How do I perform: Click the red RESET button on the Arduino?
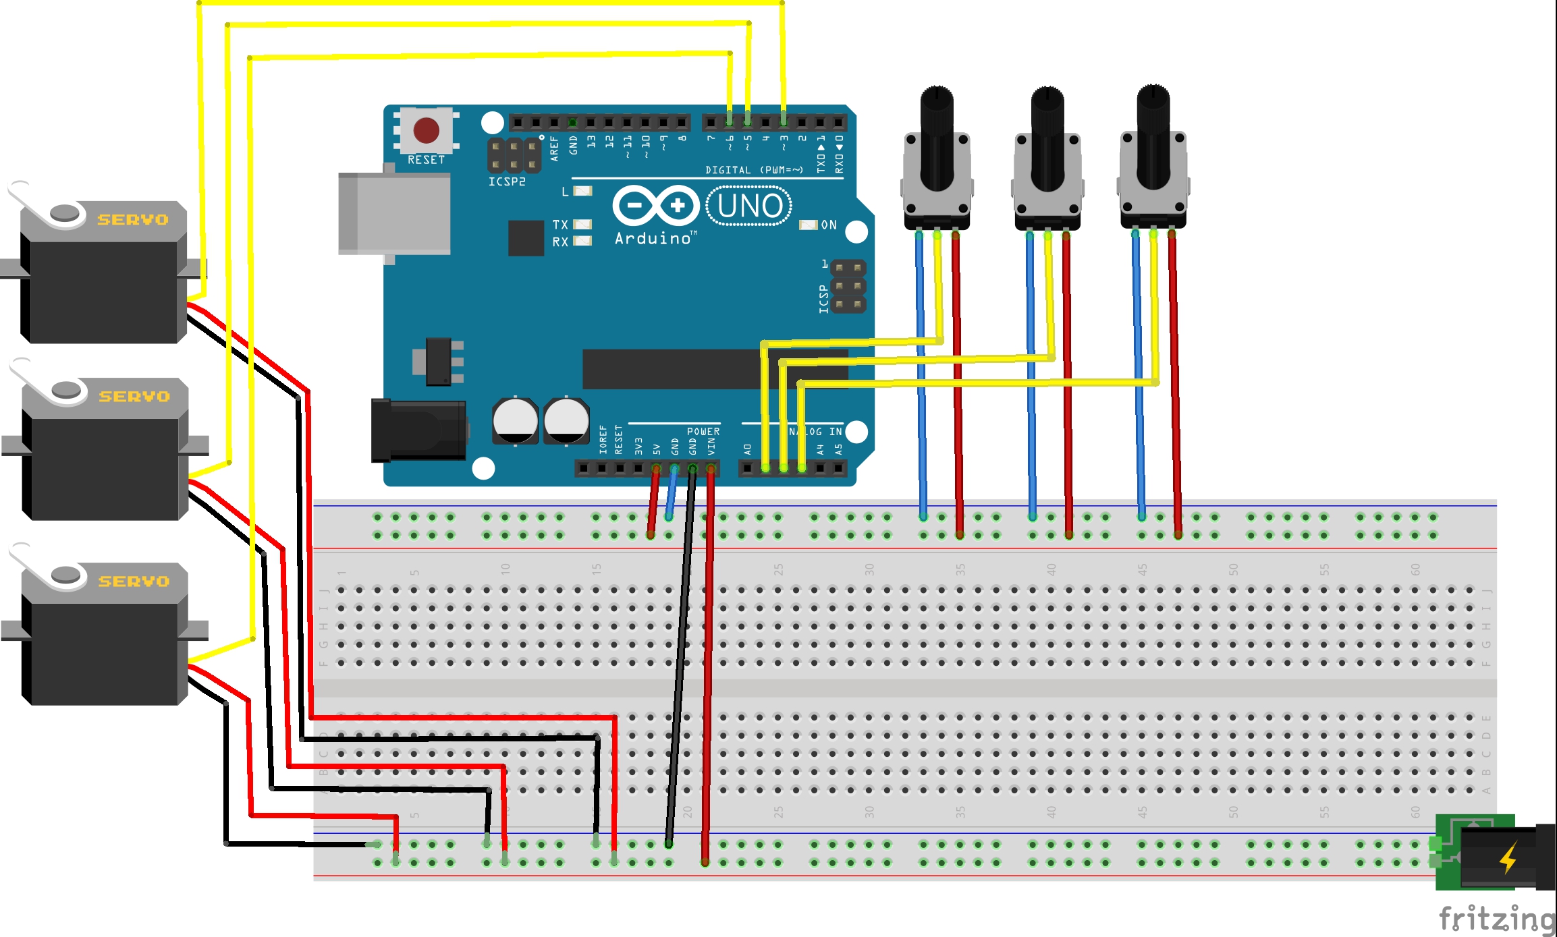(x=426, y=130)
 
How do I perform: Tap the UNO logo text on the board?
(x=749, y=206)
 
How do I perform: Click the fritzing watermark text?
(x=1496, y=919)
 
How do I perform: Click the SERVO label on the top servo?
(x=133, y=220)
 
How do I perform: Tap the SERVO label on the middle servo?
(x=134, y=397)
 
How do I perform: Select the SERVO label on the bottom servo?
(x=134, y=581)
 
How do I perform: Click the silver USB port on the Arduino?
(x=394, y=213)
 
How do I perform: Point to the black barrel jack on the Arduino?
(x=418, y=430)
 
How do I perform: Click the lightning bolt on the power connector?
(x=1508, y=857)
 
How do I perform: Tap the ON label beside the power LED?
(x=829, y=225)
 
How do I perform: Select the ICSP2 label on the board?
(x=507, y=182)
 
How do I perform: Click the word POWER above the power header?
(x=703, y=432)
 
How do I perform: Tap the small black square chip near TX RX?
(x=526, y=237)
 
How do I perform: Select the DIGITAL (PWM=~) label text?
(x=754, y=170)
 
